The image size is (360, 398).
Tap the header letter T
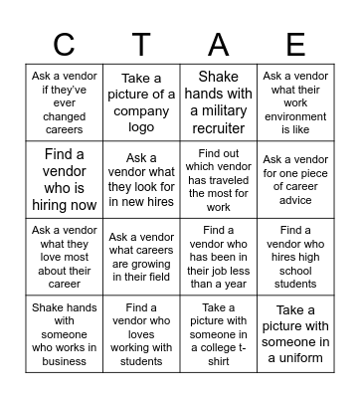point(141,45)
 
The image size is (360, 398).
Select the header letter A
point(219,45)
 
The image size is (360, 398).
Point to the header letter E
point(295,45)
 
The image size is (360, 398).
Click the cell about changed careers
point(64,102)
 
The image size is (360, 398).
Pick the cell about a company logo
point(141,102)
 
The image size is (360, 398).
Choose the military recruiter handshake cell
point(218,102)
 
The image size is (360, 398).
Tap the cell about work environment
point(295,102)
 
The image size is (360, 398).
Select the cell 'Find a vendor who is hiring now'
point(64,180)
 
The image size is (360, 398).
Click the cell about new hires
point(141,180)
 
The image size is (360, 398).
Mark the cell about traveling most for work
point(218,180)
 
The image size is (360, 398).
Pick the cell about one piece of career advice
point(295,180)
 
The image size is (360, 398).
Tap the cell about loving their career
point(64,258)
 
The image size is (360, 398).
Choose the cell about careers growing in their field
point(141,258)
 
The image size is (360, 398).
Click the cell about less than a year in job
point(218,258)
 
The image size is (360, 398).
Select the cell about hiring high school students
point(295,258)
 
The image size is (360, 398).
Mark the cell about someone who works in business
point(64,334)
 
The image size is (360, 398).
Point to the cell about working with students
point(141,334)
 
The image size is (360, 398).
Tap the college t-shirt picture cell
point(218,334)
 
